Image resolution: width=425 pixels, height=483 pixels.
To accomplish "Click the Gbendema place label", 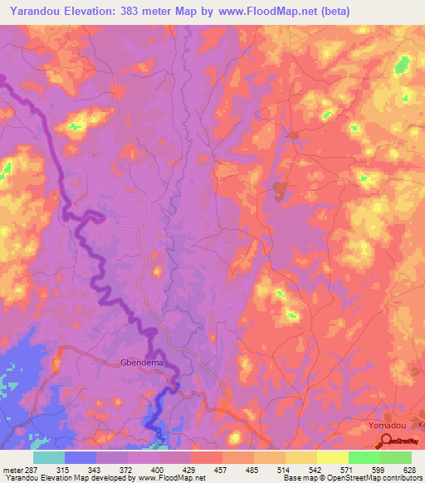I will click(x=140, y=363).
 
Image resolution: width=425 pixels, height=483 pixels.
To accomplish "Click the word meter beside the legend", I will click(x=10, y=469).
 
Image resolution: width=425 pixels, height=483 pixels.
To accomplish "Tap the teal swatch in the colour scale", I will click(x=49, y=457).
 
